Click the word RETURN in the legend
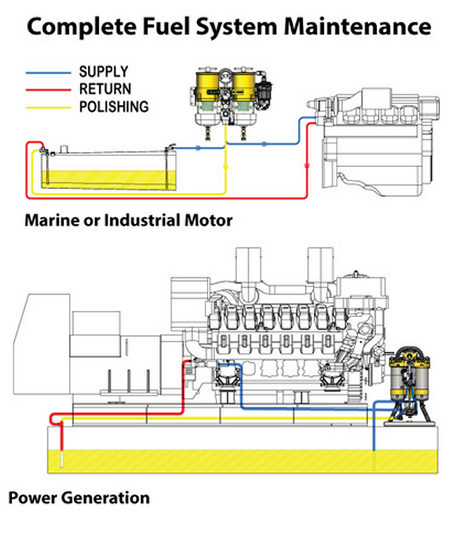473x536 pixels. point(105,89)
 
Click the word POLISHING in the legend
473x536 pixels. point(114,106)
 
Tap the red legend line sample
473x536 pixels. point(47,89)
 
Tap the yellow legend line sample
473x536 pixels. point(47,106)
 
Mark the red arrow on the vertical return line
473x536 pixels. point(307,164)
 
